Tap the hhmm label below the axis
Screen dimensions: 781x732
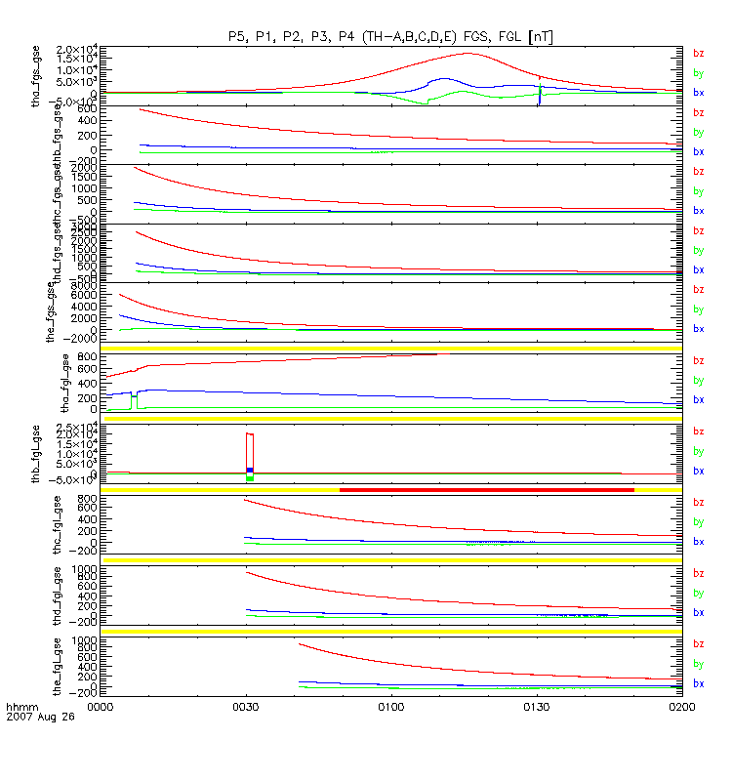(20, 706)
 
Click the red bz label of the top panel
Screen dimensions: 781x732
(698, 54)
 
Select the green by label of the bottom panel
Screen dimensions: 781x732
(698, 664)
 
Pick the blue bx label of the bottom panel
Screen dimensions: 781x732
(698, 683)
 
